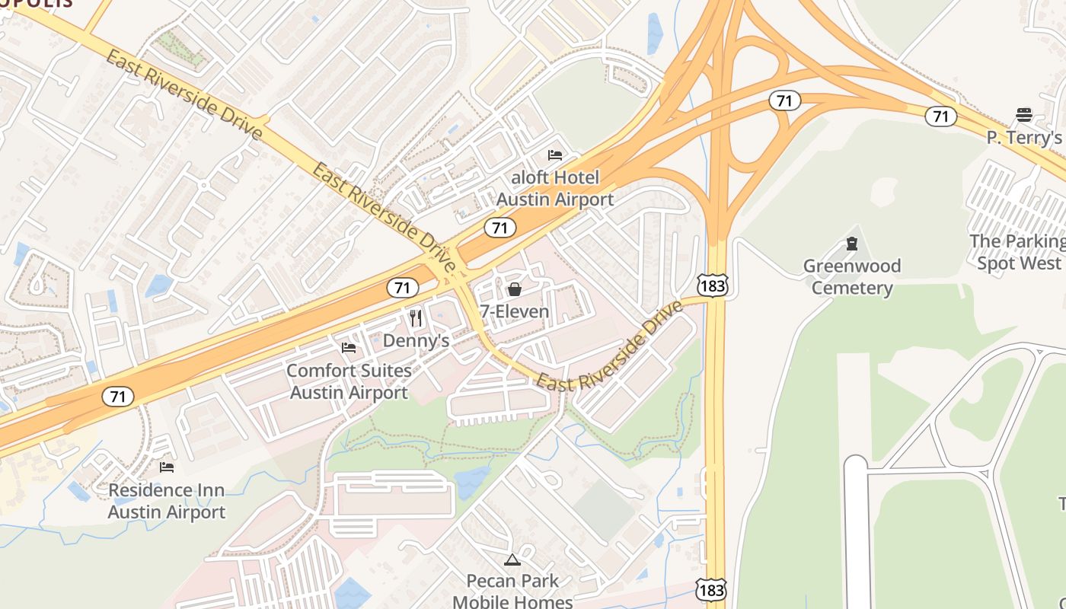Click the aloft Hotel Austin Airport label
tap(554, 189)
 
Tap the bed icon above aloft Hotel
tap(555, 155)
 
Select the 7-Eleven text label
tap(514, 311)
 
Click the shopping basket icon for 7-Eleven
tap(515, 289)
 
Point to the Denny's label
tap(416, 340)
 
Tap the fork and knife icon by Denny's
tap(416, 317)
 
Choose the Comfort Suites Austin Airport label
tap(349, 382)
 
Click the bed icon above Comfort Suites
tap(349, 348)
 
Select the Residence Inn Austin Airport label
tap(167, 501)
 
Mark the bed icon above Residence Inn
tap(167, 467)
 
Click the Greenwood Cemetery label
tap(852, 276)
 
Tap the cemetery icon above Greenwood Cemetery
tap(852, 244)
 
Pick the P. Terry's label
tap(1024, 138)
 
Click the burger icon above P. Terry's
tap(1024, 115)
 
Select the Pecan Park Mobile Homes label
tap(512, 591)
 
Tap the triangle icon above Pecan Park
tap(512, 560)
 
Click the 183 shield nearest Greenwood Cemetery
tap(712, 285)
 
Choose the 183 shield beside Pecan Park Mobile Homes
tap(710, 589)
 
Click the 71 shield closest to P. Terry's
tap(941, 116)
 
